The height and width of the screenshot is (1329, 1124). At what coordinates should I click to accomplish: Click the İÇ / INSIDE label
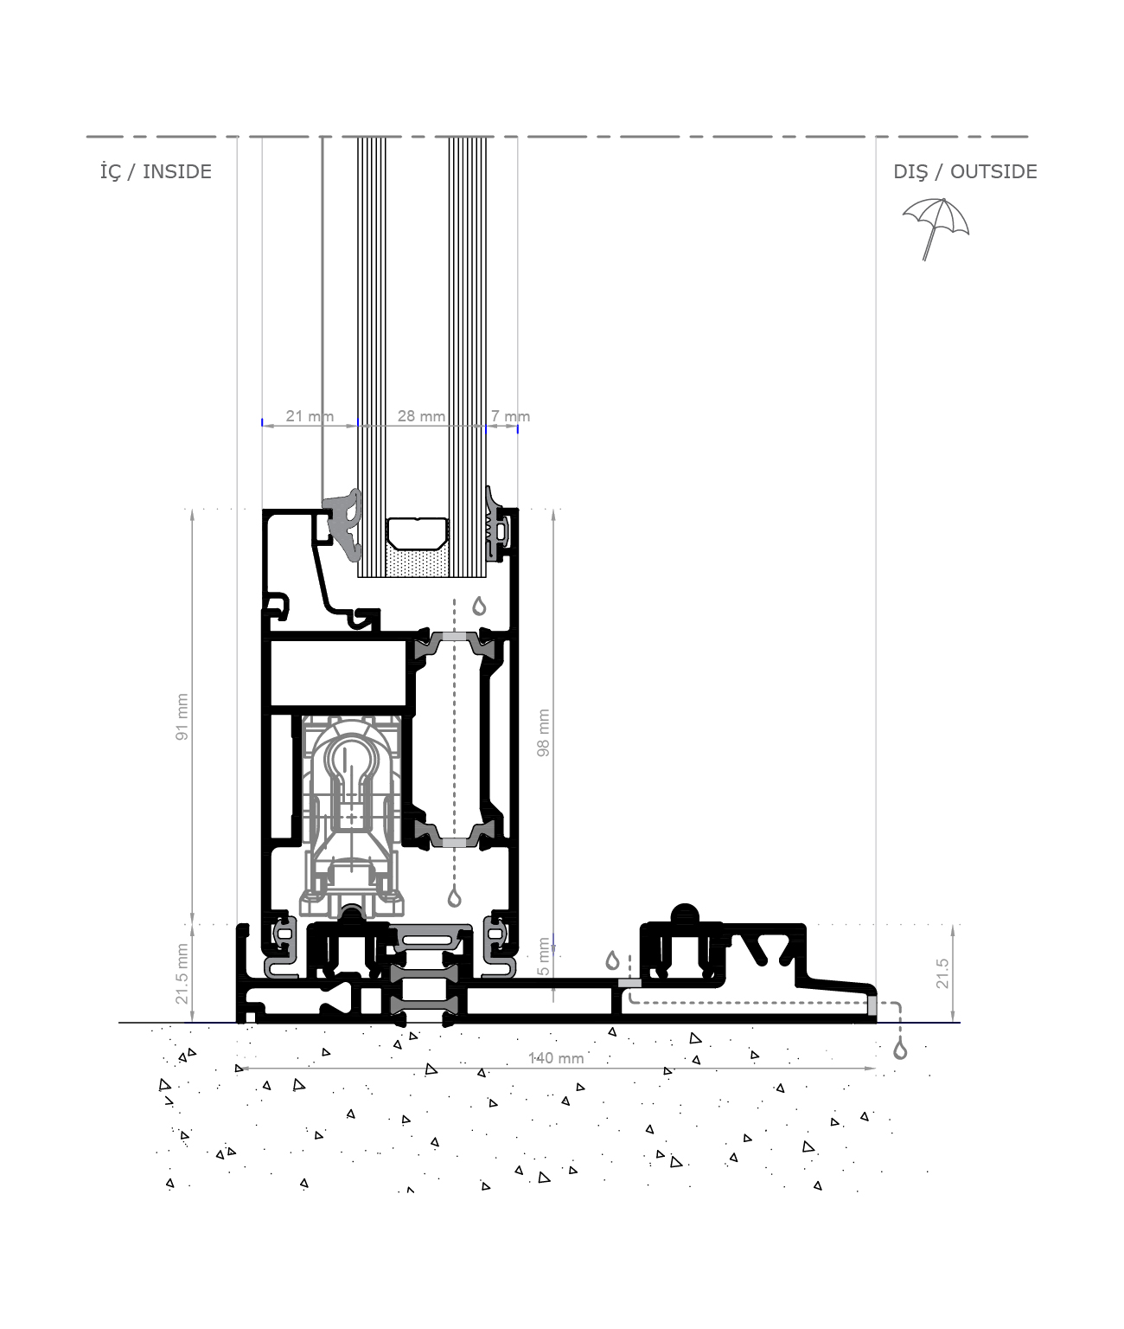tap(156, 171)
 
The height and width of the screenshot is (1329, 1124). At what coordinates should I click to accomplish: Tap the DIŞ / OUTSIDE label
tap(965, 171)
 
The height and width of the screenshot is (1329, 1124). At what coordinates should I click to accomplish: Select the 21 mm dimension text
tap(310, 416)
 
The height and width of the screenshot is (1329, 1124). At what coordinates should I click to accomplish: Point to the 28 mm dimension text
tap(421, 416)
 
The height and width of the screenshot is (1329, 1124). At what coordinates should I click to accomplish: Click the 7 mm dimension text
tap(510, 416)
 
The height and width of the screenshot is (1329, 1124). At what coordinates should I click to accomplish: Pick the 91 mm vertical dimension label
tap(182, 717)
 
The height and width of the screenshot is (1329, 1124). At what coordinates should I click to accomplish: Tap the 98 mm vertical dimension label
tap(543, 733)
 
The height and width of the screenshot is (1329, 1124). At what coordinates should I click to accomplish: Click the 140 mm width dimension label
tap(556, 1057)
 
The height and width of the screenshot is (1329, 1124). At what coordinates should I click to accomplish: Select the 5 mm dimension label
tap(543, 956)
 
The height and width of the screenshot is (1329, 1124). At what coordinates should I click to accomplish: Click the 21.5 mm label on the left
tap(182, 973)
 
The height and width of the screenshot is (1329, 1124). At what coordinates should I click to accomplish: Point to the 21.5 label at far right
tap(942, 973)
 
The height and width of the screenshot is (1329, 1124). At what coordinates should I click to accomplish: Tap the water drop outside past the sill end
tap(900, 1050)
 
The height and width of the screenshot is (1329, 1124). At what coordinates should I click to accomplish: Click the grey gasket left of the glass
tap(342, 525)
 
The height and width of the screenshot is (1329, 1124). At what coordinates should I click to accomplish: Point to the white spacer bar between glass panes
tap(417, 534)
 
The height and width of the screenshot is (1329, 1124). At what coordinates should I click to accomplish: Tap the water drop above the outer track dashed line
tap(612, 960)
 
